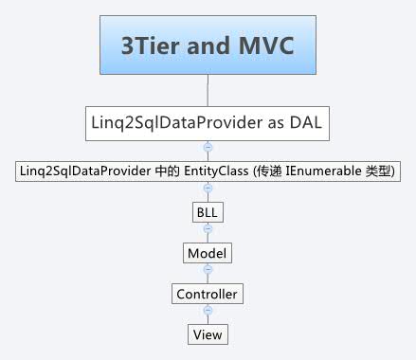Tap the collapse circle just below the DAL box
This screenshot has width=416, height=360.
pos(207,148)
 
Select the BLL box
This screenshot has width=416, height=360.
pos(207,212)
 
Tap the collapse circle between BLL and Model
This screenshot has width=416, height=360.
pos(207,232)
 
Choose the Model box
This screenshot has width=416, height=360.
pos(207,253)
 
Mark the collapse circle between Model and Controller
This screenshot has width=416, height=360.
pos(207,273)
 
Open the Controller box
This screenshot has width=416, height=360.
pos(207,294)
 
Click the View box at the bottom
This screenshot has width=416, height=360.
pos(207,334)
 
